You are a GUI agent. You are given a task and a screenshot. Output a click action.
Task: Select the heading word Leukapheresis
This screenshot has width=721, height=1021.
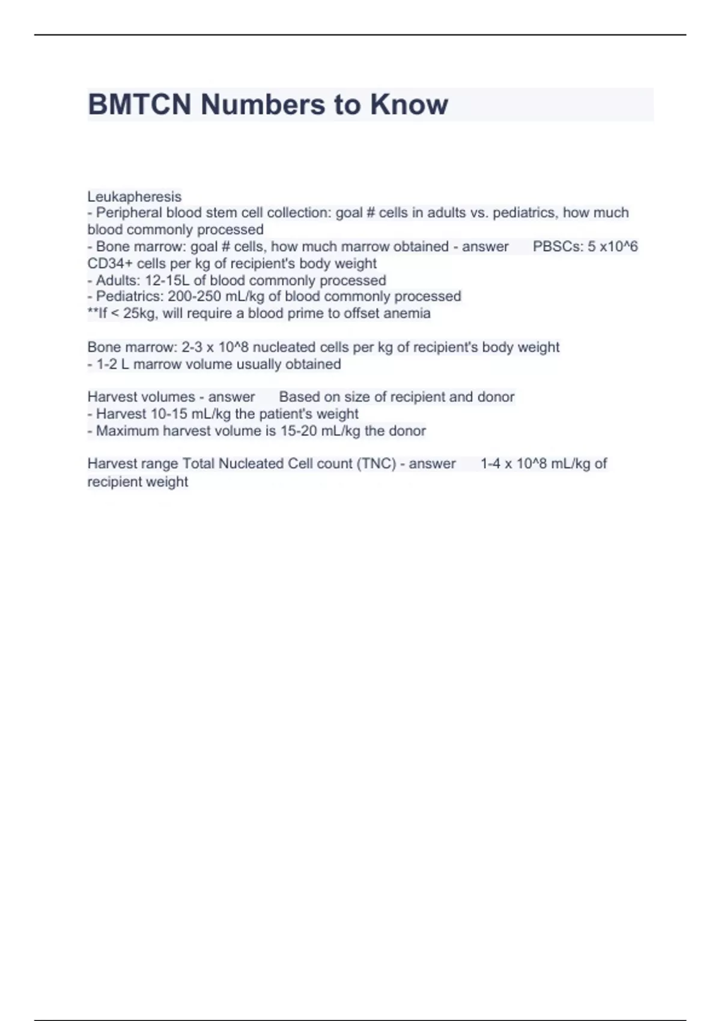134,196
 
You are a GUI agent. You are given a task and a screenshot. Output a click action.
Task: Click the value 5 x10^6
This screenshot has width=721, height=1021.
613,246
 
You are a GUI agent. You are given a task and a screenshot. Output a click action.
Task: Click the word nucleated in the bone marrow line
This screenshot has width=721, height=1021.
284,347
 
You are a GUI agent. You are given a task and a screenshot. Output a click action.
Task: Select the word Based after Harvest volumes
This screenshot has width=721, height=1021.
298,397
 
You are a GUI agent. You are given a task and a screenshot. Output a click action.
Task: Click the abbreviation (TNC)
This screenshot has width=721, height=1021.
376,464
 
